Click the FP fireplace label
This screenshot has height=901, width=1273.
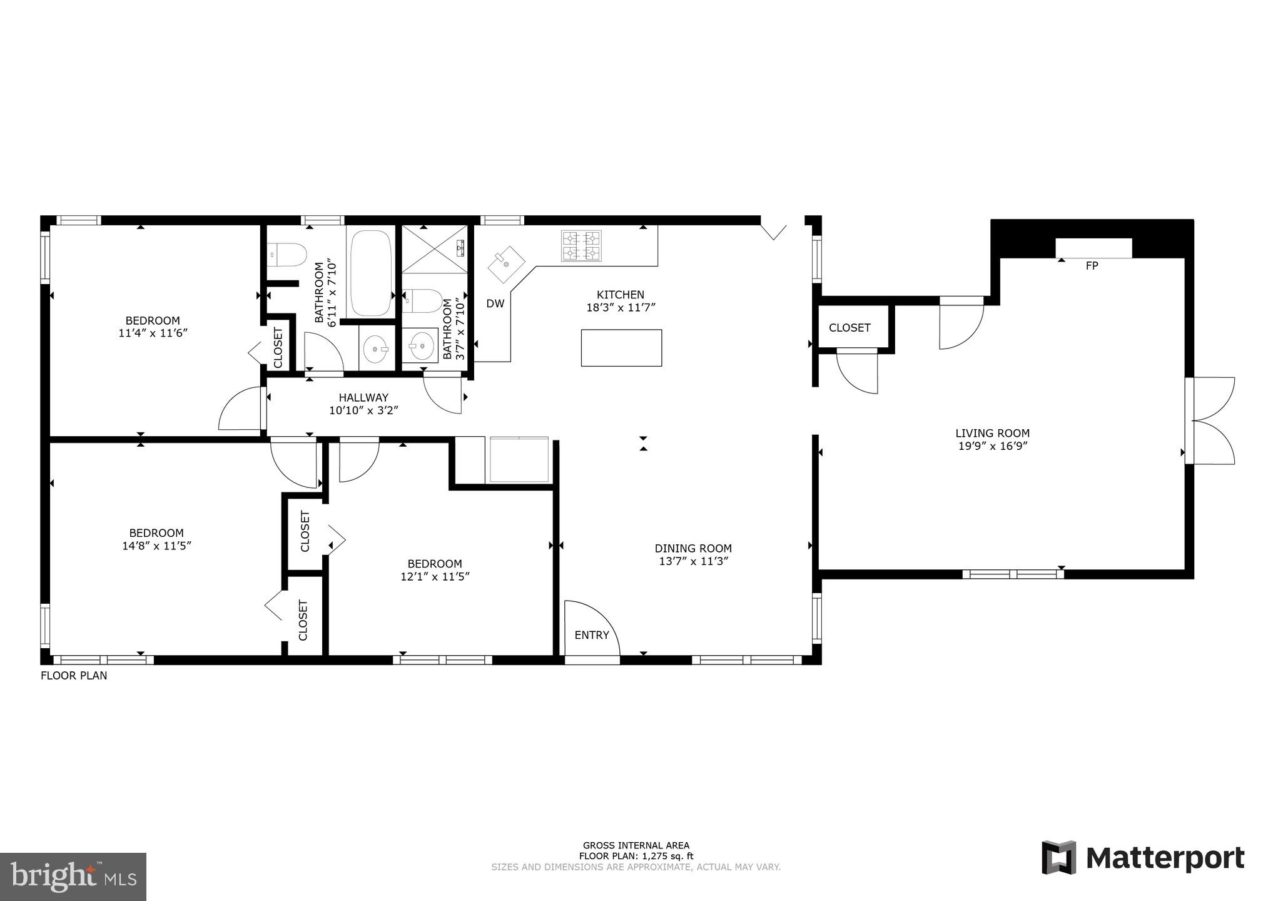pyautogui.click(x=1092, y=266)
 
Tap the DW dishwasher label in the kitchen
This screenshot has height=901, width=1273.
pyautogui.click(x=495, y=304)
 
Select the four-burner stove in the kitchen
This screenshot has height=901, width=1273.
pyautogui.click(x=581, y=245)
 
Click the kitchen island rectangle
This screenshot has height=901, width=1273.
pyautogui.click(x=621, y=348)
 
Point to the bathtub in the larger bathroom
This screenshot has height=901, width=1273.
pyautogui.click(x=370, y=273)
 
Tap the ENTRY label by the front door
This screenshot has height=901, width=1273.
pyautogui.click(x=591, y=635)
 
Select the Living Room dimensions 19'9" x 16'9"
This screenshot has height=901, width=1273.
pyautogui.click(x=992, y=446)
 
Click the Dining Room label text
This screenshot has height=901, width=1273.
pyautogui.click(x=693, y=548)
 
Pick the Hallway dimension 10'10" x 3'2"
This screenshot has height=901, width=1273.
pyautogui.click(x=363, y=410)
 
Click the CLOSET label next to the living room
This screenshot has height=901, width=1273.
pyautogui.click(x=849, y=328)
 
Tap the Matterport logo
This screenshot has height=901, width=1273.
pyautogui.click(x=1143, y=858)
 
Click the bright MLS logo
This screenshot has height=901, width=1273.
pyautogui.click(x=73, y=877)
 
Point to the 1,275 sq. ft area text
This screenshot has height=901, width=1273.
pyautogui.click(x=636, y=856)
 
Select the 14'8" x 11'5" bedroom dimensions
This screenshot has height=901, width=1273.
pyautogui.click(x=156, y=546)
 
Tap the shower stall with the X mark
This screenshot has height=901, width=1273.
pyautogui.click(x=434, y=248)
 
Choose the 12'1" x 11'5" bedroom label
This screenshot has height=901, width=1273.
pyautogui.click(x=435, y=570)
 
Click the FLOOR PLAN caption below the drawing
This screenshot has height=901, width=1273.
pyautogui.click(x=74, y=676)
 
